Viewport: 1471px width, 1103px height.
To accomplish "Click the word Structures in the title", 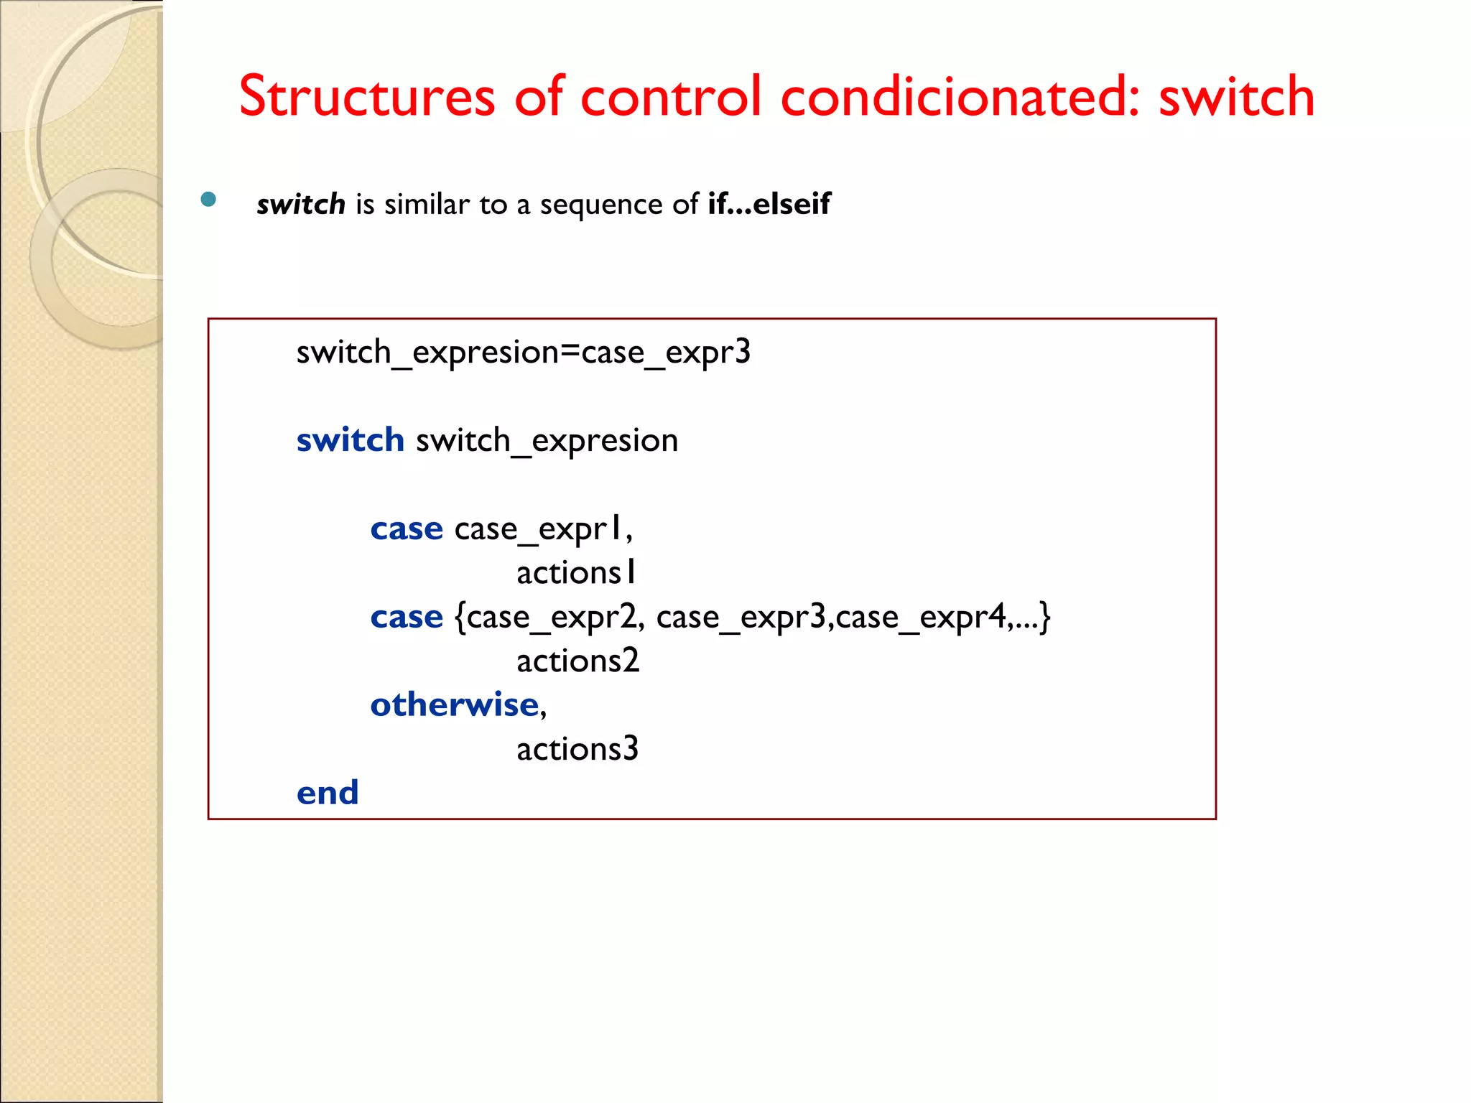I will [x=367, y=96].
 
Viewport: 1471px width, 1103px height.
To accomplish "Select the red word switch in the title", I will [x=1236, y=96].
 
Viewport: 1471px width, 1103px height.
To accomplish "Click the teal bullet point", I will [x=208, y=200].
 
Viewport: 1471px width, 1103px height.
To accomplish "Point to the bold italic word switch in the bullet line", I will [x=301, y=205].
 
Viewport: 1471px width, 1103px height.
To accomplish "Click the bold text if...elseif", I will [x=769, y=204].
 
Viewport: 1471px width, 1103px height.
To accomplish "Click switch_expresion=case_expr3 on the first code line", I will [x=523, y=353].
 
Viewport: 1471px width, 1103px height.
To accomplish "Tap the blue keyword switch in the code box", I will [x=351, y=439].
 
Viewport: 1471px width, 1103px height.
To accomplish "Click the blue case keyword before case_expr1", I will [x=407, y=529].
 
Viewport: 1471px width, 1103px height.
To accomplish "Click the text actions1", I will [x=576, y=573].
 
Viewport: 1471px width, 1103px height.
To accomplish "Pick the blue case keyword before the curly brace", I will [x=407, y=618].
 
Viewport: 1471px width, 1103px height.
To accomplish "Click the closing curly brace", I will [x=1045, y=618].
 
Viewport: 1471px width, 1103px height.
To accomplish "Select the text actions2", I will [x=577, y=661].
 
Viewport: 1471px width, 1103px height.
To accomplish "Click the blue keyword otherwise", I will [x=454, y=705].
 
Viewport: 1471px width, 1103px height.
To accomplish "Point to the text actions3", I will [x=577, y=750].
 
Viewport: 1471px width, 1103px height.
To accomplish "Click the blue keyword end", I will [x=328, y=793].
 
